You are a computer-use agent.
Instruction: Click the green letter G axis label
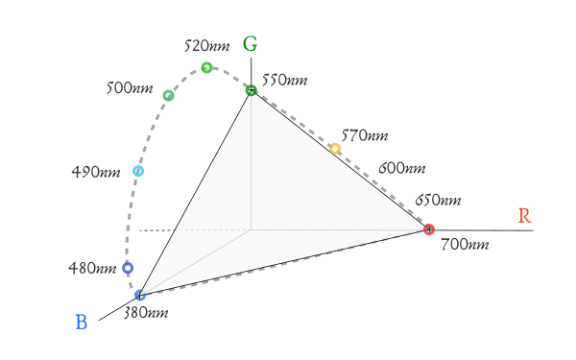point(250,44)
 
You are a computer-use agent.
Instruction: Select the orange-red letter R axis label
point(524,216)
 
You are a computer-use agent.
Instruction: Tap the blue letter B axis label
point(82,323)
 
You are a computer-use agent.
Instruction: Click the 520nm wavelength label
point(206,46)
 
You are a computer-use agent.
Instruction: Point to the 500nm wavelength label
point(130,88)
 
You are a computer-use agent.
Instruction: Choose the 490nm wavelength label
point(96,172)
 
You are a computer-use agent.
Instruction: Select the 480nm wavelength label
point(92,268)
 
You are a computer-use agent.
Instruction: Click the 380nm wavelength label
point(146,313)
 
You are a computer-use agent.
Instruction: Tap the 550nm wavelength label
point(285,80)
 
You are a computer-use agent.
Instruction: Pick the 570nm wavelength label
point(365,135)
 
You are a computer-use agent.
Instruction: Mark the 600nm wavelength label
point(402,168)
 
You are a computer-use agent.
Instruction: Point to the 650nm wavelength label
point(438,201)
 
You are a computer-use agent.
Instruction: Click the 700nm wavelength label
point(465,244)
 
